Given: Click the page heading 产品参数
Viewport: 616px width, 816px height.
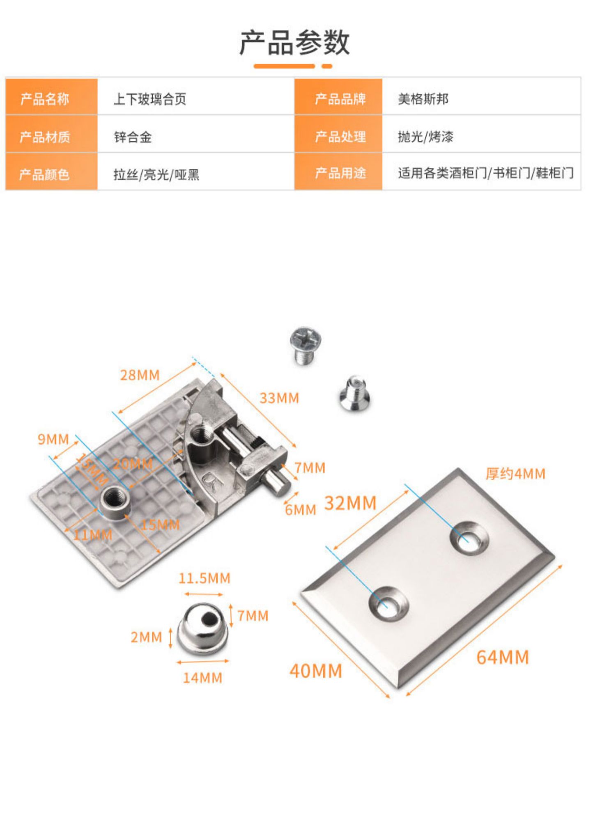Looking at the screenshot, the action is pyautogui.click(x=294, y=42).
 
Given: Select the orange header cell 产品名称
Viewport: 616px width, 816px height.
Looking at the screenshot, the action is pyautogui.click(x=45, y=99).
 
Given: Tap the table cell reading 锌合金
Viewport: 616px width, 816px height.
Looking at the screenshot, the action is pyautogui.click(x=133, y=137).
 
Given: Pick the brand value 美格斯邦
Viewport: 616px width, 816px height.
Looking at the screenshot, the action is pyautogui.click(x=423, y=99).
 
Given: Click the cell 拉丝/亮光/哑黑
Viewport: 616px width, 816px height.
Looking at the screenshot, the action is pyautogui.click(x=156, y=174).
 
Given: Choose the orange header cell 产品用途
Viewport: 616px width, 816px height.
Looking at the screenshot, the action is pyautogui.click(x=340, y=173).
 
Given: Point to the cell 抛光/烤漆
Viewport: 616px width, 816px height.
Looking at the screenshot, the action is pyautogui.click(x=425, y=136).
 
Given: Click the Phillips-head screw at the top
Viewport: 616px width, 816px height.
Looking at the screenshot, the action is pyautogui.click(x=306, y=344).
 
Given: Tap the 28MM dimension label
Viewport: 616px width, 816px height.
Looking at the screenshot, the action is pyautogui.click(x=140, y=375).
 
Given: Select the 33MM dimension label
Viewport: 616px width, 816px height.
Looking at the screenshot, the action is pyautogui.click(x=279, y=398).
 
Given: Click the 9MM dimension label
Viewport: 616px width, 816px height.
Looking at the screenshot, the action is pyautogui.click(x=53, y=439).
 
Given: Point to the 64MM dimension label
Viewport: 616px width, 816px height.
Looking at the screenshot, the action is pyautogui.click(x=503, y=657).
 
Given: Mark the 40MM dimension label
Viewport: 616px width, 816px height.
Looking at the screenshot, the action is pyautogui.click(x=316, y=671).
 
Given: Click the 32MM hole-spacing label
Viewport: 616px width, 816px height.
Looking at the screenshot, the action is pyautogui.click(x=350, y=503).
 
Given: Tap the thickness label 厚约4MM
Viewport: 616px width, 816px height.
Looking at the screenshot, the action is pyautogui.click(x=515, y=474).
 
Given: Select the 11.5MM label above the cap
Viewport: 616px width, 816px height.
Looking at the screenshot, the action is pyautogui.click(x=204, y=578).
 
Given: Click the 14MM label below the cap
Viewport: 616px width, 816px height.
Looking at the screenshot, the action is pyautogui.click(x=202, y=678).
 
